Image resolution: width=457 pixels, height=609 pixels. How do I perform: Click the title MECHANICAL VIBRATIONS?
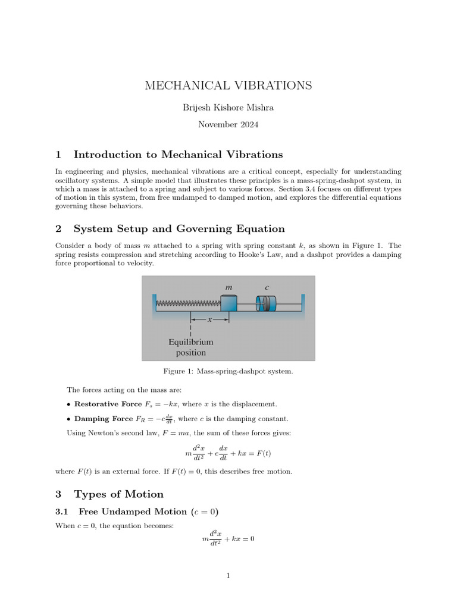click(x=228, y=86)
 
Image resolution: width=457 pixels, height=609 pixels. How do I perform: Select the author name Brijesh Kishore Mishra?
click(x=228, y=108)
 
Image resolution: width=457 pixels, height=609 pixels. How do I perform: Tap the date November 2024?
click(x=228, y=125)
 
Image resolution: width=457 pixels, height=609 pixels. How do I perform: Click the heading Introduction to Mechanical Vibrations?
click(x=178, y=155)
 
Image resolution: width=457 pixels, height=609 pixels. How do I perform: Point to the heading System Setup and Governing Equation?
click(x=179, y=229)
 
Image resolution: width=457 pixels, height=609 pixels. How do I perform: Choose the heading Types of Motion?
click(x=118, y=494)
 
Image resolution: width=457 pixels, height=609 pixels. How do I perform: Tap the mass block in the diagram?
click(x=228, y=303)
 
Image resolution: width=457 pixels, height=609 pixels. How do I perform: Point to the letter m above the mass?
click(x=228, y=287)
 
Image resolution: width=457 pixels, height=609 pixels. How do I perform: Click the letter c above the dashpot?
click(x=267, y=287)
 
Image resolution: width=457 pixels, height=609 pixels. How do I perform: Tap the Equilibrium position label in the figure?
click(x=190, y=347)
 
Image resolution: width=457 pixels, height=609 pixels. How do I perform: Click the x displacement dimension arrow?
click(x=209, y=319)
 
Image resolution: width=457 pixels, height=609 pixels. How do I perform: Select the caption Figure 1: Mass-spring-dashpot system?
click(x=228, y=372)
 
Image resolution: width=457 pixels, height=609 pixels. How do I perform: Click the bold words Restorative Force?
click(x=108, y=404)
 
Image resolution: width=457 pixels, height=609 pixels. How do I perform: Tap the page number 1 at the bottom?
click(x=228, y=576)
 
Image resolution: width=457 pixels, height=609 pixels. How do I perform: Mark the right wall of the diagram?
click(x=303, y=303)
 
